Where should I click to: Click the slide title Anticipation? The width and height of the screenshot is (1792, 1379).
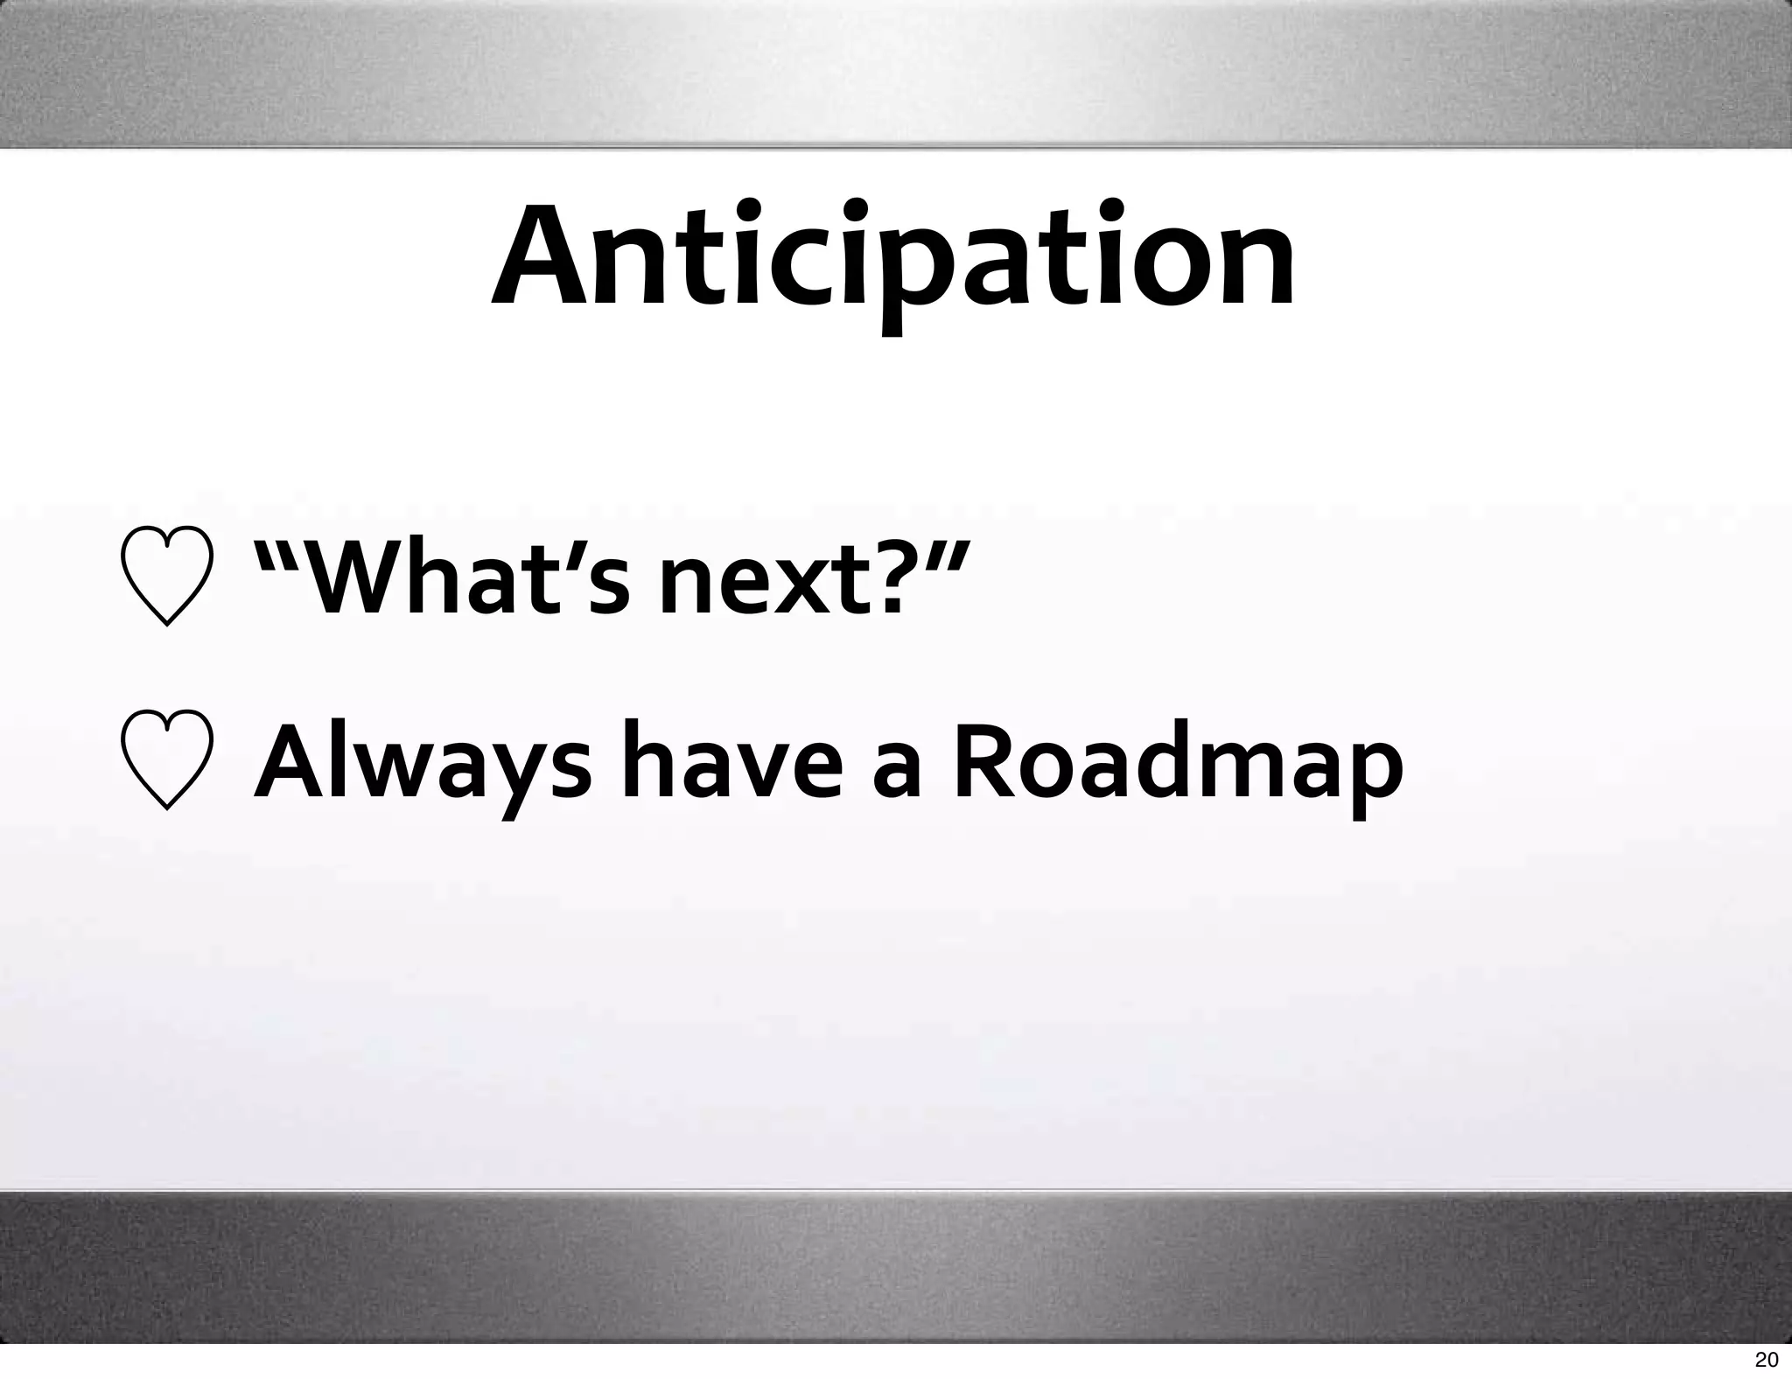tap(892, 258)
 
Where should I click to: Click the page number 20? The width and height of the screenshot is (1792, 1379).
tap(1766, 1359)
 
